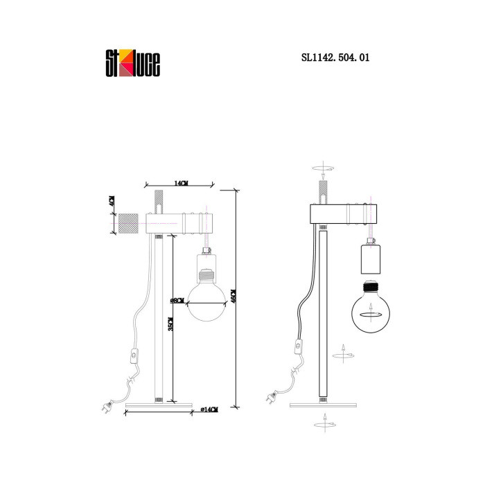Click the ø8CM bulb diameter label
pyautogui.click(x=174, y=302)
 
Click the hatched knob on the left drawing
pyautogui.click(x=130, y=224)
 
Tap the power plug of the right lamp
pyautogui.click(x=271, y=398)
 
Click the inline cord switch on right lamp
pyautogui.click(x=299, y=344)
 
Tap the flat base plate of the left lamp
pyautogui.click(x=157, y=404)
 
